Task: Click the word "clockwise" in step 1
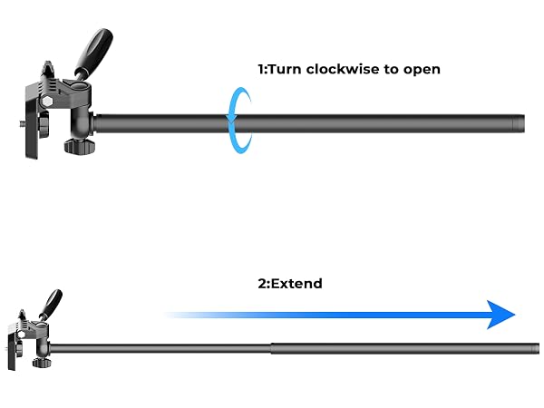click(x=343, y=69)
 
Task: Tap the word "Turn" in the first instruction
click(x=284, y=69)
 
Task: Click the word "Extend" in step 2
click(x=296, y=284)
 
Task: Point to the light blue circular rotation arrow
click(x=229, y=120)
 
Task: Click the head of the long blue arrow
click(x=500, y=315)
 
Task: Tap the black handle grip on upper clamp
click(x=95, y=50)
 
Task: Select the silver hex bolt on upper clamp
click(x=47, y=102)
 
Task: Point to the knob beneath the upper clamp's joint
click(x=79, y=146)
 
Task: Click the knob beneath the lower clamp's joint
click(x=42, y=363)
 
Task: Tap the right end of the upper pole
click(x=524, y=123)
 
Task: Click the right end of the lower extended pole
click(x=539, y=348)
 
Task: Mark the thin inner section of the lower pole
click(x=160, y=349)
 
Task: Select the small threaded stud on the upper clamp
click(x=22, y=122)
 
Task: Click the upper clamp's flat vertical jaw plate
click(x=32, y=129)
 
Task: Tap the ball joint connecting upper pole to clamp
click(x=83, y=123)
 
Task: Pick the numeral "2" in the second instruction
click(x=262, y=284)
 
